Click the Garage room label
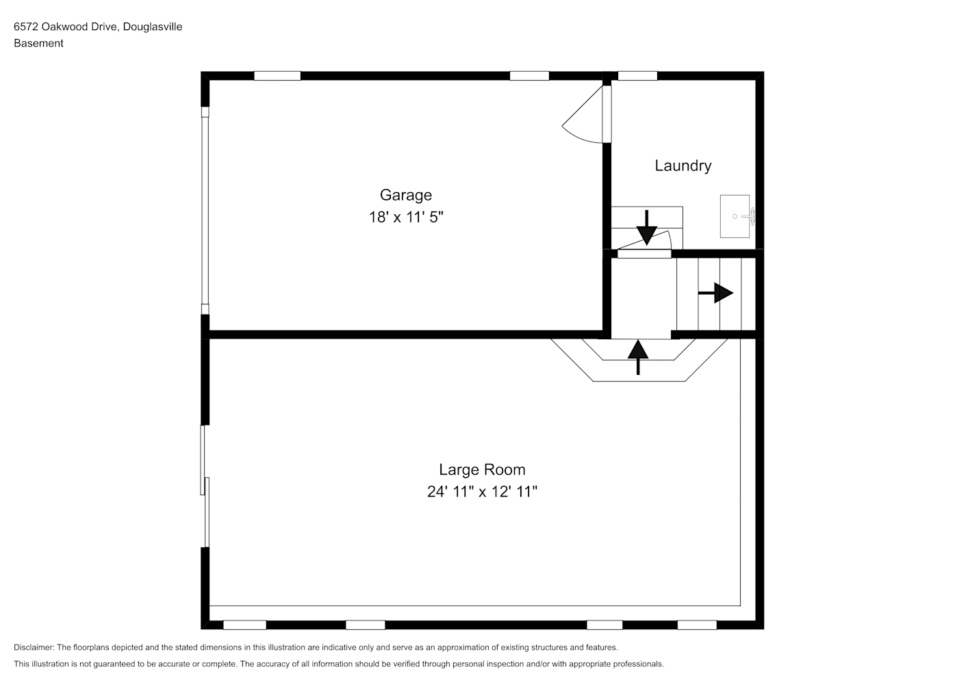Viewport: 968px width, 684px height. pos(406,195)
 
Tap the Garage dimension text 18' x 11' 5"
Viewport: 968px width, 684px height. pos(406,217)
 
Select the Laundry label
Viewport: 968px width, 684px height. pos(683,166)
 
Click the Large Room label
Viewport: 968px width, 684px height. pos(482,469)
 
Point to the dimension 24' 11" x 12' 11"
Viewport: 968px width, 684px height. pos(482,491)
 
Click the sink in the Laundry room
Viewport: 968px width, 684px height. pos(737,216)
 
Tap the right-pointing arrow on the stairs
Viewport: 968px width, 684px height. pos(715,293)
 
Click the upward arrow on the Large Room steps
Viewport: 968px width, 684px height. pos(638,357)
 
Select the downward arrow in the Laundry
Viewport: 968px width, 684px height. pos(647,228)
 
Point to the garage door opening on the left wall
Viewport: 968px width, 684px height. pos(205,210)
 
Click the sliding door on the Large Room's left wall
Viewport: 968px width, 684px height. pos(205,486)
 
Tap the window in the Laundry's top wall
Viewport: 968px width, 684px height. pos(637,76)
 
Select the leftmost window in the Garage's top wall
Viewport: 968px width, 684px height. pos(277,76)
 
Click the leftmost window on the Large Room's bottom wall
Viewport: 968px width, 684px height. pos(244,625)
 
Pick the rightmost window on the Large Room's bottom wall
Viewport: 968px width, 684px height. pos(697,625)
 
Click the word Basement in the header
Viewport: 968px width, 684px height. pos(38,43)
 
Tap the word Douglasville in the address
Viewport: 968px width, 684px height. pos(153,27)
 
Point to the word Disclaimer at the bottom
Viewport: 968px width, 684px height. pos(34,647)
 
